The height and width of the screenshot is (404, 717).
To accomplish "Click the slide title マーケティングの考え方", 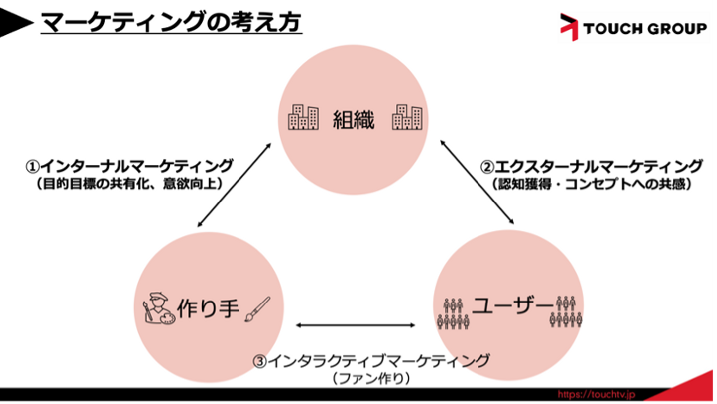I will [171, 22].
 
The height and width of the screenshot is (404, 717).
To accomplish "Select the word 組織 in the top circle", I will [354, 119].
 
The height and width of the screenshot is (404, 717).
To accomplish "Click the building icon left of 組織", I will [303, 118].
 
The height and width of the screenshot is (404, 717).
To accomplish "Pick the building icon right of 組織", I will [407, 118].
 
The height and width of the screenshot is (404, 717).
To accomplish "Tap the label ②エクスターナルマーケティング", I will [591, 166].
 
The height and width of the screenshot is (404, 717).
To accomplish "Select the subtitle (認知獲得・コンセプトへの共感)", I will [591, 184].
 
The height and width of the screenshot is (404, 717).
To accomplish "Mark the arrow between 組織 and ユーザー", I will [477, 182].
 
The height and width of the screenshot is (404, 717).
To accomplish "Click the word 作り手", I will [209, 308].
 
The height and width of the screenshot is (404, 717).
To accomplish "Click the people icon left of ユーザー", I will [453, 313].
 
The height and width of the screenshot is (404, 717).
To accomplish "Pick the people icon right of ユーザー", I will [566, 312].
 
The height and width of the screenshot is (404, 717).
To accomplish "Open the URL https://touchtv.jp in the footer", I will [596, 394].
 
